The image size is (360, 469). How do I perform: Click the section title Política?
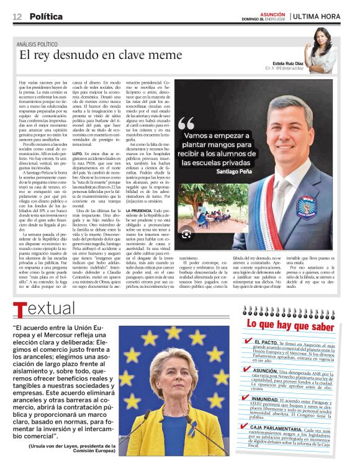[46, 17]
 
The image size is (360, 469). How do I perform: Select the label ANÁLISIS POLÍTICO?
[43, 44]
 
